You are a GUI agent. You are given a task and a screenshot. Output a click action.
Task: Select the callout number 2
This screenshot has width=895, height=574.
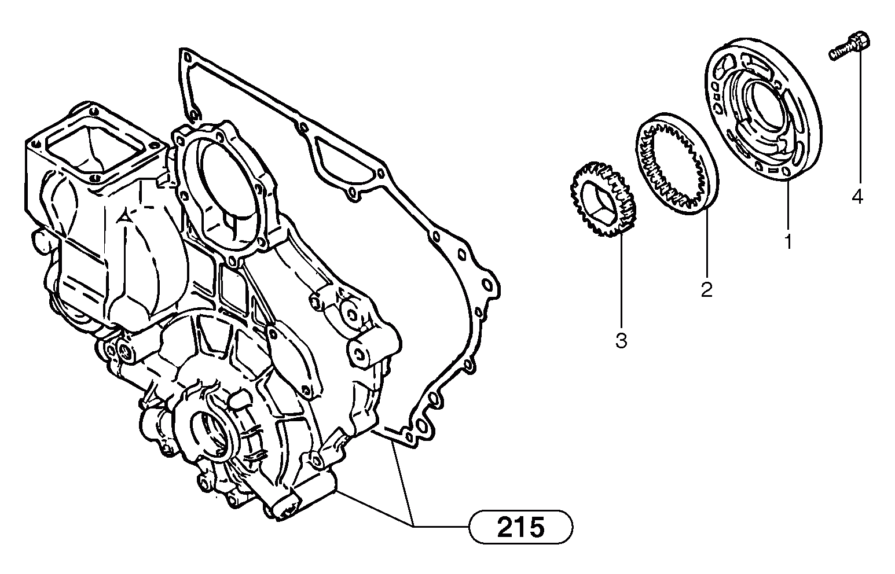click(706, 289)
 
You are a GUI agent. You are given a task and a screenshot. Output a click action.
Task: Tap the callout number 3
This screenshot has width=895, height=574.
click(621, 340)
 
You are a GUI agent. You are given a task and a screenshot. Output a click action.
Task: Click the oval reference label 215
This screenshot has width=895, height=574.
click(520, 527)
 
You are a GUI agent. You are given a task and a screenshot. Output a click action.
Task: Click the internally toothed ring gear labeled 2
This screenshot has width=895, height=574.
click(677, 165)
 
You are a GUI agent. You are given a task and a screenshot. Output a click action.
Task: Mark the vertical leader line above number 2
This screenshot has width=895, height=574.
click(706, 243)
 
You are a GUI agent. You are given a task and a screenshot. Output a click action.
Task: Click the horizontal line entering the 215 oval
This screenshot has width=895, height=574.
click(440, 526)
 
